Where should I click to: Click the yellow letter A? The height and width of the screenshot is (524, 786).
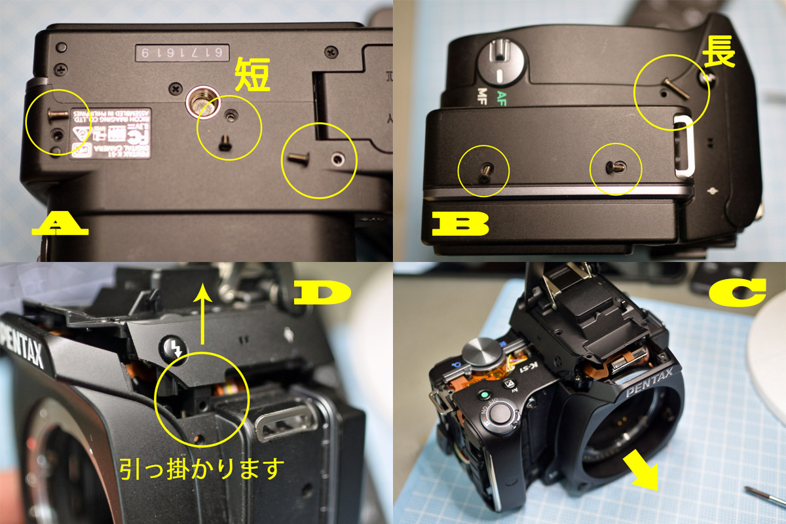(x=60, y=225)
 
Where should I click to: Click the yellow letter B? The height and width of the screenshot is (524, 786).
(x=460, y=225)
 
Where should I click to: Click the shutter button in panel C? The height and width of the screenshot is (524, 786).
(x=502, y=413)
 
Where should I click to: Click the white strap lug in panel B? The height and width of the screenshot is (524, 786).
(x=683, y=145)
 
